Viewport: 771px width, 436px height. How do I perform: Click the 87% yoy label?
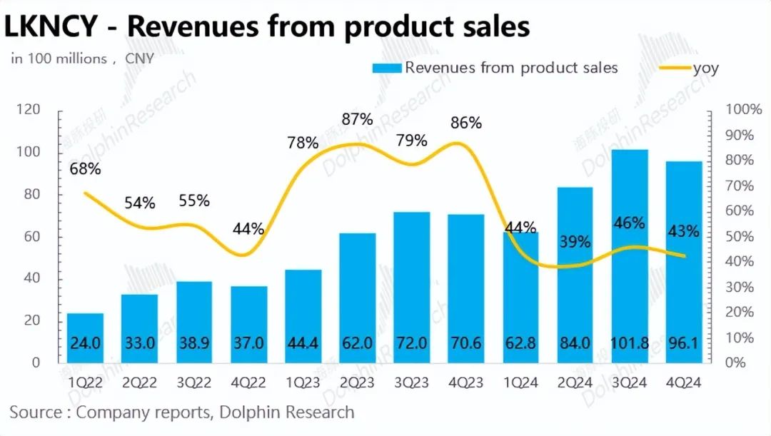357,118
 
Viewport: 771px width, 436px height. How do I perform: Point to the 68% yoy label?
86,169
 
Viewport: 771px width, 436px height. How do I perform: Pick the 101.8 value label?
630,343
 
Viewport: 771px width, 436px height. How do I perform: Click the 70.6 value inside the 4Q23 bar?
466,343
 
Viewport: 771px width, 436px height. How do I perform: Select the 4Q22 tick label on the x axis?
249,382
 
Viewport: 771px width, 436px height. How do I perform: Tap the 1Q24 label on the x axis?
520,382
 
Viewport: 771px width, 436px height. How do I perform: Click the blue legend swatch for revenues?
386,69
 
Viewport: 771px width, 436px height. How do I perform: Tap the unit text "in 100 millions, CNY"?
82,59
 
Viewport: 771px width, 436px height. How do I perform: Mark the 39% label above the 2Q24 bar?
575,242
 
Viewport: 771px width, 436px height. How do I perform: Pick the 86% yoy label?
466,123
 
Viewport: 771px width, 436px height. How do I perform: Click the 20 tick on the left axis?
34,320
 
